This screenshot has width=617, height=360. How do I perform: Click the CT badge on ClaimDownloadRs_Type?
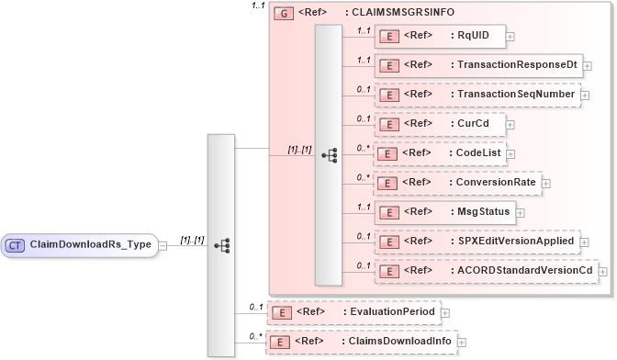(x=17, y=245)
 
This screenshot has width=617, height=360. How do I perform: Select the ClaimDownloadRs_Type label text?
(x=91, y=245)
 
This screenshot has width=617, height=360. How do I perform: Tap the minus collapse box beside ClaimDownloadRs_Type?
(x=162, y=245)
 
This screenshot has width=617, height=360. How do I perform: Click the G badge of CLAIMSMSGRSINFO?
(x=283, y=14)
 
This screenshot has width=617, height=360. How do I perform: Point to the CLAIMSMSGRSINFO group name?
(x=402, y=14)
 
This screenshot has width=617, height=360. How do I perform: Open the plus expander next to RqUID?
(x=510, y=37)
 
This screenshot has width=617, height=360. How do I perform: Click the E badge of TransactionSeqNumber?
(x=388, y=95)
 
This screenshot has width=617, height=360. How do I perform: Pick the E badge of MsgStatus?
(x=388, y=212)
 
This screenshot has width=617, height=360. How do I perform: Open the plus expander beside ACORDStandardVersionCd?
(x=603, y=271)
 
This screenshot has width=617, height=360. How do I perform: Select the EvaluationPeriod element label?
(x=393, y=312)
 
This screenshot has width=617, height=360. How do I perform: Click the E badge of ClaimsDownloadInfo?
(x=285, y=342)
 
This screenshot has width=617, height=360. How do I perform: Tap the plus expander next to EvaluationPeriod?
(x=445, y=312)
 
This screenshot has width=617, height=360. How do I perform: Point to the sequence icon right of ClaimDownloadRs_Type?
(x=221, y=245)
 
